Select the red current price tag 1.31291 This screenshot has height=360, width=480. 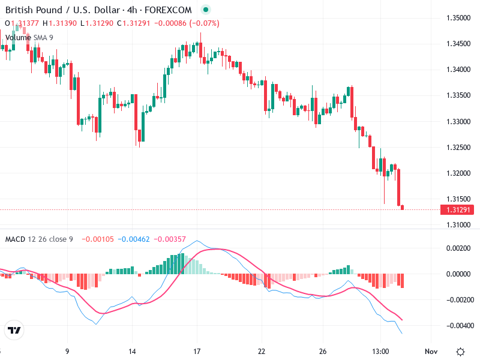[457, 210]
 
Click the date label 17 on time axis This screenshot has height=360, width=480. [197, 352]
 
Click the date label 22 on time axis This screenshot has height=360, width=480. [262, 352]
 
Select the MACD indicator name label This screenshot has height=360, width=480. [14, 239]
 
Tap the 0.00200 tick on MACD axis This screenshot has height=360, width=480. [459, 248]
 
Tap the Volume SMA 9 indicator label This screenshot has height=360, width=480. [29, 37]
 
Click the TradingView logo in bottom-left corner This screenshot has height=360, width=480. [14, 331]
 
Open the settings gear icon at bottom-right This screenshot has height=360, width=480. [460, 352]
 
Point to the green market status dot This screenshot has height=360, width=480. [206, 10]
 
